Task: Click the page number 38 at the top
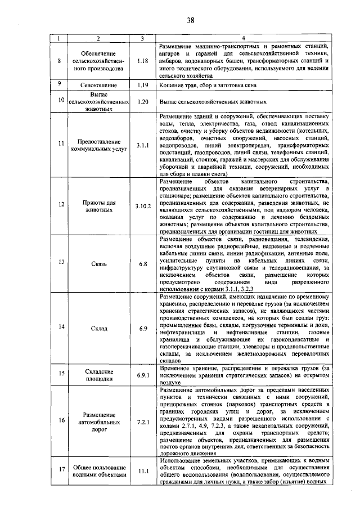(190, 20)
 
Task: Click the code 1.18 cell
(142, 60)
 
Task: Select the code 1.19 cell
(142, 84)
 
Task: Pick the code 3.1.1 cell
(142, 145)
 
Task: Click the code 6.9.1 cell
(142, 375)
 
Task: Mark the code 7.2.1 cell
(142, 421)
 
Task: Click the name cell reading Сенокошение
(98, 84)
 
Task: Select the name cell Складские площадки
(98, 375)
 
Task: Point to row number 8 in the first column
(60, 60)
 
